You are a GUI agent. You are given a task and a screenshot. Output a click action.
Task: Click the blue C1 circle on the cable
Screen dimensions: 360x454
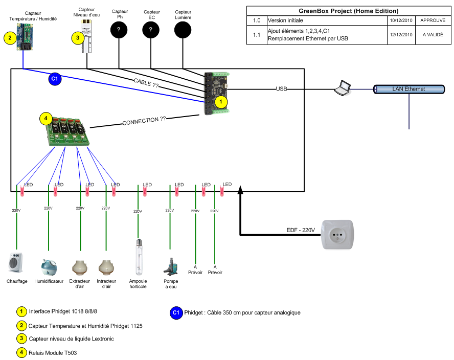click(55, 79)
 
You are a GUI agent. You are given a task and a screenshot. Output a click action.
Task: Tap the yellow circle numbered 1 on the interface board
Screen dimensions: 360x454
click(220, 102)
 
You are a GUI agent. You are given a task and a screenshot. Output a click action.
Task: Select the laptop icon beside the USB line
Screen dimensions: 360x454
click(342, 88)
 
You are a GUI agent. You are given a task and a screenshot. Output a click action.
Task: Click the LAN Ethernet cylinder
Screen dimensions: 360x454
click(408, 89)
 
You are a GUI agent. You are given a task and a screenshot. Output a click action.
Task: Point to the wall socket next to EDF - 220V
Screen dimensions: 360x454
click(337, 235)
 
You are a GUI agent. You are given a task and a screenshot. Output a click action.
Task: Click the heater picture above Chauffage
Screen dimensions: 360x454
click(16, 263)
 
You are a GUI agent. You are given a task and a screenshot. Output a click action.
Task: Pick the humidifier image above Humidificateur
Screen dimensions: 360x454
click(49, 266)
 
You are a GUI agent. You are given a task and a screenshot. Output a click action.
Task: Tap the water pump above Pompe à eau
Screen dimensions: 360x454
click(170, 265)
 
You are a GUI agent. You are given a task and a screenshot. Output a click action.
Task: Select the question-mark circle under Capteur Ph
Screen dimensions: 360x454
click(119, 31)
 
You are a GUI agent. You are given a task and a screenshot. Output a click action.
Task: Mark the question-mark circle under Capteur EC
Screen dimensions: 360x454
click(151, 31)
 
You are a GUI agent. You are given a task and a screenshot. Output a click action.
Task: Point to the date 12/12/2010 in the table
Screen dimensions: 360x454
click(400, 35)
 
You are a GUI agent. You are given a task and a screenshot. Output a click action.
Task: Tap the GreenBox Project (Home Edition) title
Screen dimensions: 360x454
click(348, 11)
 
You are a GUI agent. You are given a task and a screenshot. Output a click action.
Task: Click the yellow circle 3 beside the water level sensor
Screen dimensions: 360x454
click(77, 37)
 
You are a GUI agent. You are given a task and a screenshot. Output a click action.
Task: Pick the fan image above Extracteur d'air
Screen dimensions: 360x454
click(80, 266)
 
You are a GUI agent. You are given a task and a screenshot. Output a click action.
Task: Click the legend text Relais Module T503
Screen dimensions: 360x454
click(53, 353)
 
